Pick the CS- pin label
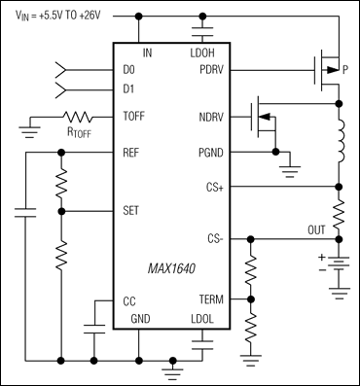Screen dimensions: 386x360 [216, 236]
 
